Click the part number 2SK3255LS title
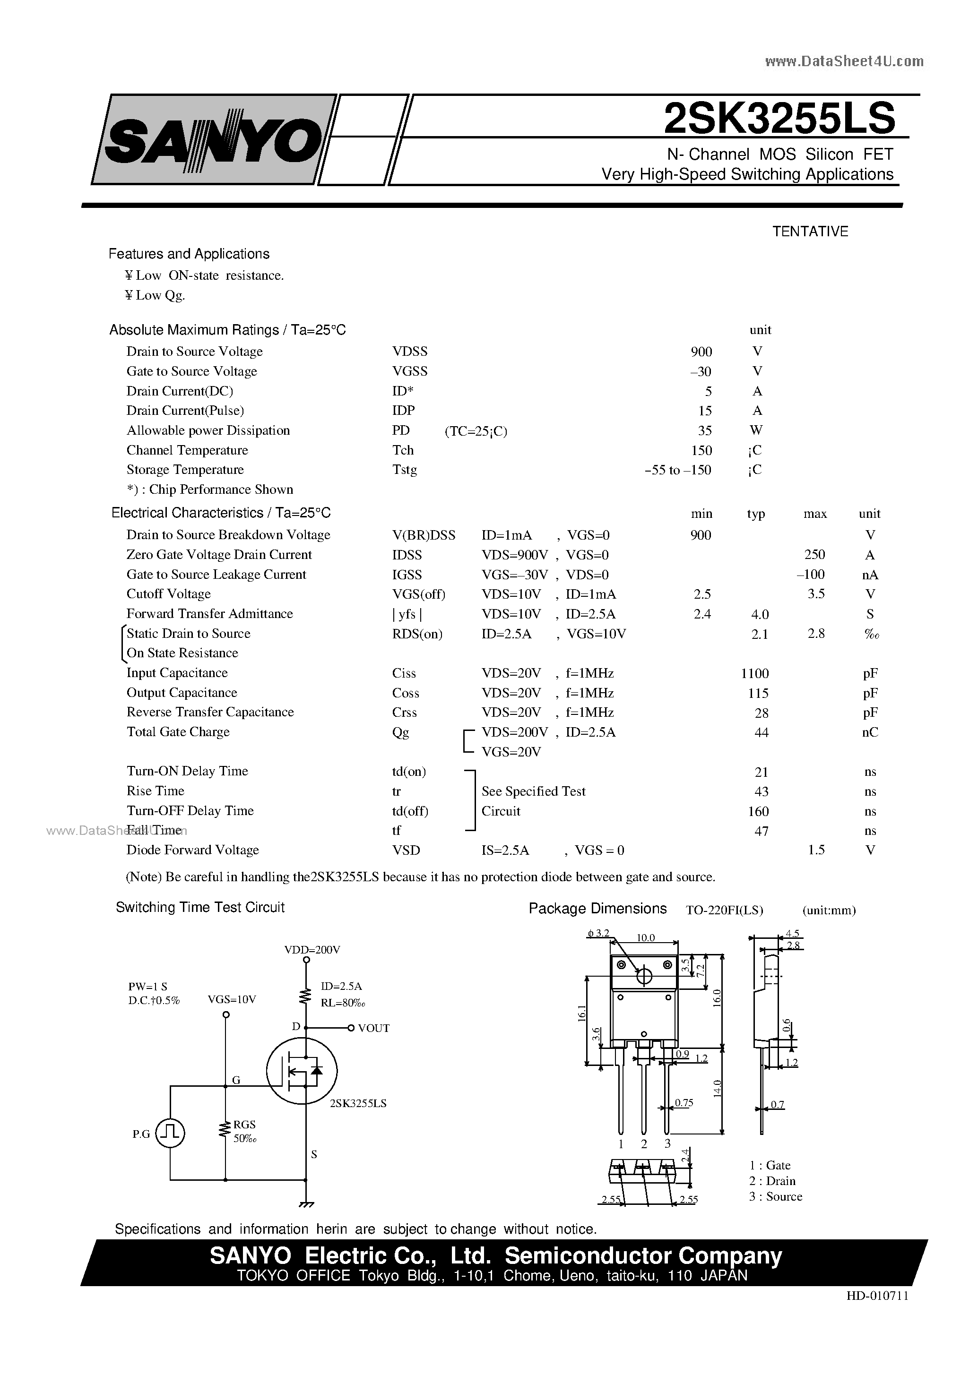click(779, 119)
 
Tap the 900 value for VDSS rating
click(701, 352)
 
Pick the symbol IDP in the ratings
click(403, 411)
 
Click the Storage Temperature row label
click(185, 470)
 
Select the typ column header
click(756, 514)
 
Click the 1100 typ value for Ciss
click(754, 673)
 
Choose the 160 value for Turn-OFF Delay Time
click(758, 811)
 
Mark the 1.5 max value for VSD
click(816, 850)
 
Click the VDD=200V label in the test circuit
click(312, 950)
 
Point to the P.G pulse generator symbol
click(171, 1134)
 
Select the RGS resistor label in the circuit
click(245, 1124)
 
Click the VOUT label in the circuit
click(373, 1028)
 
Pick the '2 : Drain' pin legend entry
click(772, 1181)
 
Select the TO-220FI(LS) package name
click(724, 910)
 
